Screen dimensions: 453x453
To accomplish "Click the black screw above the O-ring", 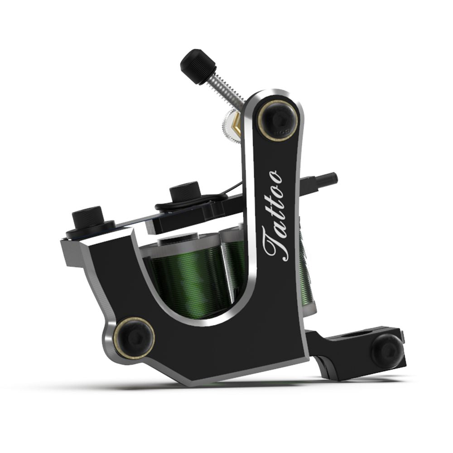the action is click(185, 191).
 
